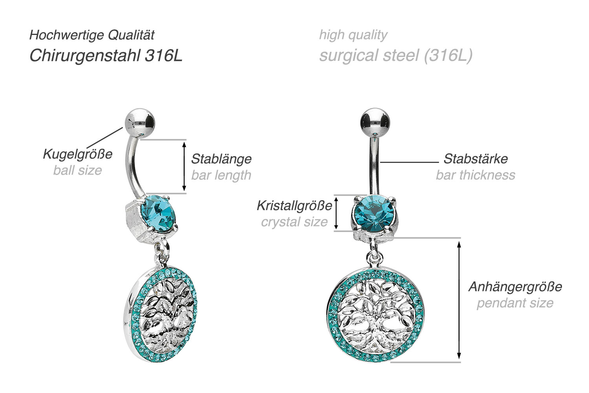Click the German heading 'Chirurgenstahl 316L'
pyautogui.click(x=106, y=56)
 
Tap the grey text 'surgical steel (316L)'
pyautogui.click(x=396, y=56)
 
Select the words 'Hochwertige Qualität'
pyautogui.click(x=92, y=35)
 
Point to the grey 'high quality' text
pyautogui.click(x=353, y=35)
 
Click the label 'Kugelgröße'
pyautogui.click(x=78, y=154)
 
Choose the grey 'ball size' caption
pyautogui.click(x=78, y=170)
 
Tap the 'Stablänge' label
pyautogui.click(x=221, y=159)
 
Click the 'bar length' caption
pyautogui.click(x=221, y=175)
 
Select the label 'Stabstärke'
pyautogui.click(x=476, y=159)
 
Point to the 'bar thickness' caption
pyautogui.click(x=476, y=175)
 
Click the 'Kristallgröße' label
pyautogui.click(x=294, y=206)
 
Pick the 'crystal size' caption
pyautogui.click(x=294, y=222)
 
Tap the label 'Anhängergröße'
pyautogui.click(x=515, y=287)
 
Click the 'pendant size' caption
pyautogui.click(x=515, y=303)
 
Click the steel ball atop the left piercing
pyautogui.click(x=140, y=122)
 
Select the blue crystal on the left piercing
pyautogui.click(x=158, y=213)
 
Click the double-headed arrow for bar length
pyautogui.click(x=184, y=166)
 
